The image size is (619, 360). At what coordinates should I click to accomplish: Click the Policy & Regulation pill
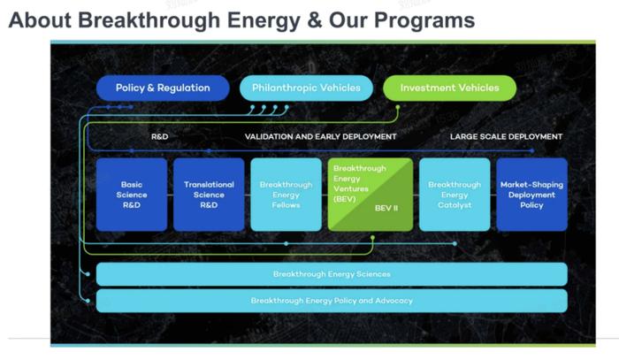pyautogui.click(x=163, y=88)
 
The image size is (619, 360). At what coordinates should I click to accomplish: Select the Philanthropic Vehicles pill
pyautogui.click(x=306, y=88)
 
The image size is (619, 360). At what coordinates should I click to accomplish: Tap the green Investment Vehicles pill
pyautogui.click(x=449, y=88)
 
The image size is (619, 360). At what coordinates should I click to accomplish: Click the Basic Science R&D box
pyautogui.click(x=132, y=195)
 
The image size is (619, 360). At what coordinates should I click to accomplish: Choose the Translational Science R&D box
pyautogui.click(x=209, y=195)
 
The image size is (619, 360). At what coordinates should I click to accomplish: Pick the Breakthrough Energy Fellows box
pyautogui.click(x=286, y=195)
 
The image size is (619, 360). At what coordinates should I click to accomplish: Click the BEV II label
pyautogui.click(x=386, y=208)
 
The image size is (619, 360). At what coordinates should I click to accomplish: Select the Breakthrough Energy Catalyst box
pyautogui.click(x=455, y=195)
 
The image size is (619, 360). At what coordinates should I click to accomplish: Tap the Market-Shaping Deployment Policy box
pyautogui.click(x=531, y=195)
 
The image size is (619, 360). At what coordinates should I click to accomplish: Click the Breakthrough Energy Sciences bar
pyautogui.click(x=332, y=274)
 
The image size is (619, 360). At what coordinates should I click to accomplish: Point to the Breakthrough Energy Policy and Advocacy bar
pyautogui.click(x=332, y=301)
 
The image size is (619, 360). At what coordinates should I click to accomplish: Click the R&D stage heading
pyautogui.click(x=159, y=136)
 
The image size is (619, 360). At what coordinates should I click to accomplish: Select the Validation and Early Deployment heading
pyautogui.click(x=320, y=136)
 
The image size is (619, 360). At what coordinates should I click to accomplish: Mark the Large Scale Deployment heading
pyautogui.click(x=506, y=136)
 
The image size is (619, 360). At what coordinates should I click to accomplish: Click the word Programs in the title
pyautogui.click(x=424, y=20)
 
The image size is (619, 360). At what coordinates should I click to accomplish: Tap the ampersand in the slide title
pyautogui.click(x=314, y=20)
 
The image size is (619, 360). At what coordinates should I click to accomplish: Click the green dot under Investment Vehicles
pyautogui.click(x=398, y=107)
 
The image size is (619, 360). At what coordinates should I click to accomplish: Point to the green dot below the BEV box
pyautogui.click(x=372, y=238)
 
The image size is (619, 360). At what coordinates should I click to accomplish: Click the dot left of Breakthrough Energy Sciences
pyautogui.click(x=88, y=274)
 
